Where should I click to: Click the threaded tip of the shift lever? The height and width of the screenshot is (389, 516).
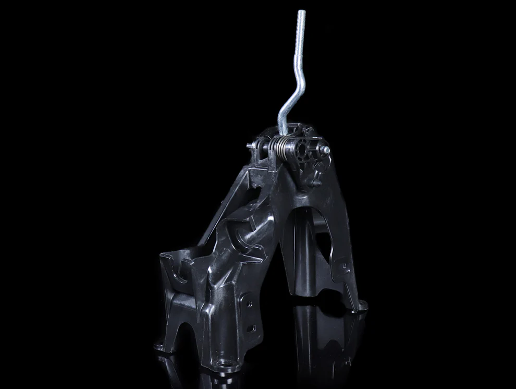301,21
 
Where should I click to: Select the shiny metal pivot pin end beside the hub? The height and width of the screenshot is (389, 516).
325,150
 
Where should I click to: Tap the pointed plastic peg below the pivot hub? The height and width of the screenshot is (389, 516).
316,183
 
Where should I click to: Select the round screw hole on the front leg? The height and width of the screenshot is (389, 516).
249,302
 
